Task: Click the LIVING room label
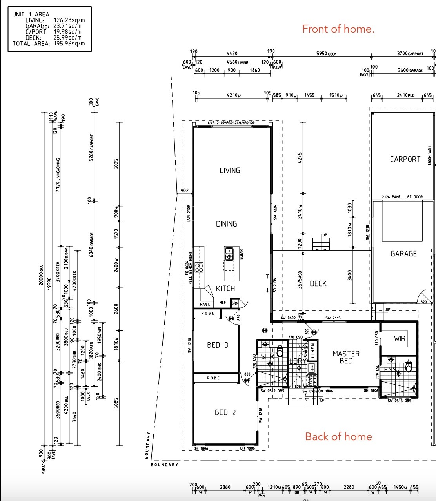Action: click(x=230, y=171)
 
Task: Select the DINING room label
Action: click(x=227, y=224)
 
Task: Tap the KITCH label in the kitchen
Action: click(x=225, y=289)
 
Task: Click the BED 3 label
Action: click(x=218, y=345)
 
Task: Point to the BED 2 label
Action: click(x=225, y=412)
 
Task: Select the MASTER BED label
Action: click(x=346, y=357)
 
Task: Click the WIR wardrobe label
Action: click(x=400, y=339)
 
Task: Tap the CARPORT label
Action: click(x=405, y=159)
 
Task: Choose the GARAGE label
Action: click(x=403, y=254)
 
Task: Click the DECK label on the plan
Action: click(x=318, y=283)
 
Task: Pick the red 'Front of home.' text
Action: click(x=338, y=29)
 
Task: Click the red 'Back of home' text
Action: click(x=338, y=437)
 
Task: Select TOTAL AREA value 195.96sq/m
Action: click(x=69, y=44)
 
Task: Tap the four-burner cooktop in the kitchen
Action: click(x=199, y=268)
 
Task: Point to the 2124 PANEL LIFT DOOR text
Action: click(x=402, y=197)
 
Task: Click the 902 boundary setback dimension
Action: click(x=184, y=191)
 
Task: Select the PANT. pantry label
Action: click(x=205, y=304)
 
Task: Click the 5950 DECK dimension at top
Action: click(x=326, y=54)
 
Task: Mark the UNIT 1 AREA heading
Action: click(x=31, y=14)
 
